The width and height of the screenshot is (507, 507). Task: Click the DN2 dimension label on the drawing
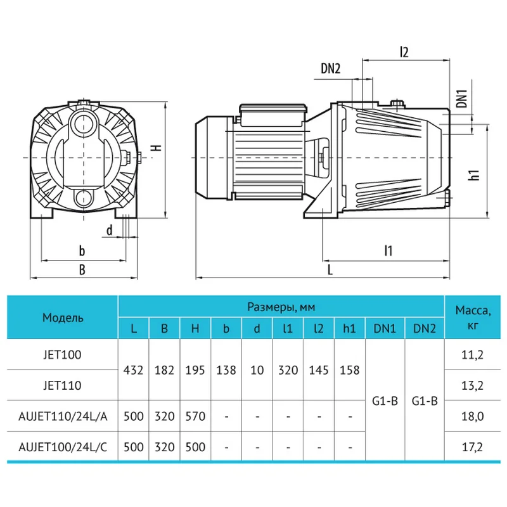pos(330,69)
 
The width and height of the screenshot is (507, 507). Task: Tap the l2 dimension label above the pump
pos(404,52)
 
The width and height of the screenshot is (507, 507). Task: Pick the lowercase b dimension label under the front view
pos(82,250)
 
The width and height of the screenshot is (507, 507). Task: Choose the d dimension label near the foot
pos(110,231)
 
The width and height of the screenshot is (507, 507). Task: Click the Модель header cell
pos(63,318)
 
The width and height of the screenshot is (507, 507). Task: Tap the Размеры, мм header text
pos(281,307)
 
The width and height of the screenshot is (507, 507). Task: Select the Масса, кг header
pos(473,317)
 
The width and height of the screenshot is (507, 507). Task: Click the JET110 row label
pos(63,385)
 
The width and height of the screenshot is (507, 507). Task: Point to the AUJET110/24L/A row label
pos(63,416)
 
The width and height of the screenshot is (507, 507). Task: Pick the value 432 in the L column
pos(133,369)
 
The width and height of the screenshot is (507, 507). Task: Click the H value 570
pos(195,416)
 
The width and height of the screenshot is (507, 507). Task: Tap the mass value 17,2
pos(473,447)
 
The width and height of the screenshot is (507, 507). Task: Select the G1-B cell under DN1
pos(385,401)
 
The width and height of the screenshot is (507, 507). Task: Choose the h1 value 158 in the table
pos(350,369)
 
